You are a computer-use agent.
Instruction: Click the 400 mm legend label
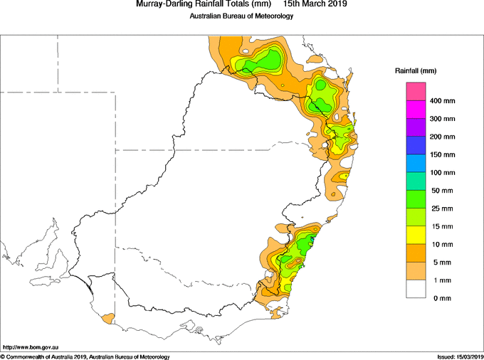(442, 101)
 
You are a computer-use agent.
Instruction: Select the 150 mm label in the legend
(442, 154)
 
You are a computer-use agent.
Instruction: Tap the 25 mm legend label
(442, 208)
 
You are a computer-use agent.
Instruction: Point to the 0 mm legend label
(442, 298)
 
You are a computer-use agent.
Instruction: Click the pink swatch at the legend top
(416, 91)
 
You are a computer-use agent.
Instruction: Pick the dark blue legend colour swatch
(416, 145)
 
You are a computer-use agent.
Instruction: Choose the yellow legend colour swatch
(416, 235)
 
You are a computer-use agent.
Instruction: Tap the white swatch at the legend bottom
(416, 289)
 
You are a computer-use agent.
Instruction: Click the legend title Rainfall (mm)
(416, 71)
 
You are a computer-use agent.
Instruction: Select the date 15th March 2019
(315, 4)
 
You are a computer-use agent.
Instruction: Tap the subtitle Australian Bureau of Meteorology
(241, 16)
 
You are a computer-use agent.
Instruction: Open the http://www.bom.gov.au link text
(31, 348)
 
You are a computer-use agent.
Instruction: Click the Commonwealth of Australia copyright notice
(85, 357)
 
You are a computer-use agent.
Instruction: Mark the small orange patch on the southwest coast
(108, 319)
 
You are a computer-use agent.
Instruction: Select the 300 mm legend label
(442, 119)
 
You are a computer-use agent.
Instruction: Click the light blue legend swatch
(416, 163)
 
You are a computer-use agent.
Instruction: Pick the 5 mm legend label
(442, 263)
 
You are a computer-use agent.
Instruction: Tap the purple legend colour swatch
(416, 127)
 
